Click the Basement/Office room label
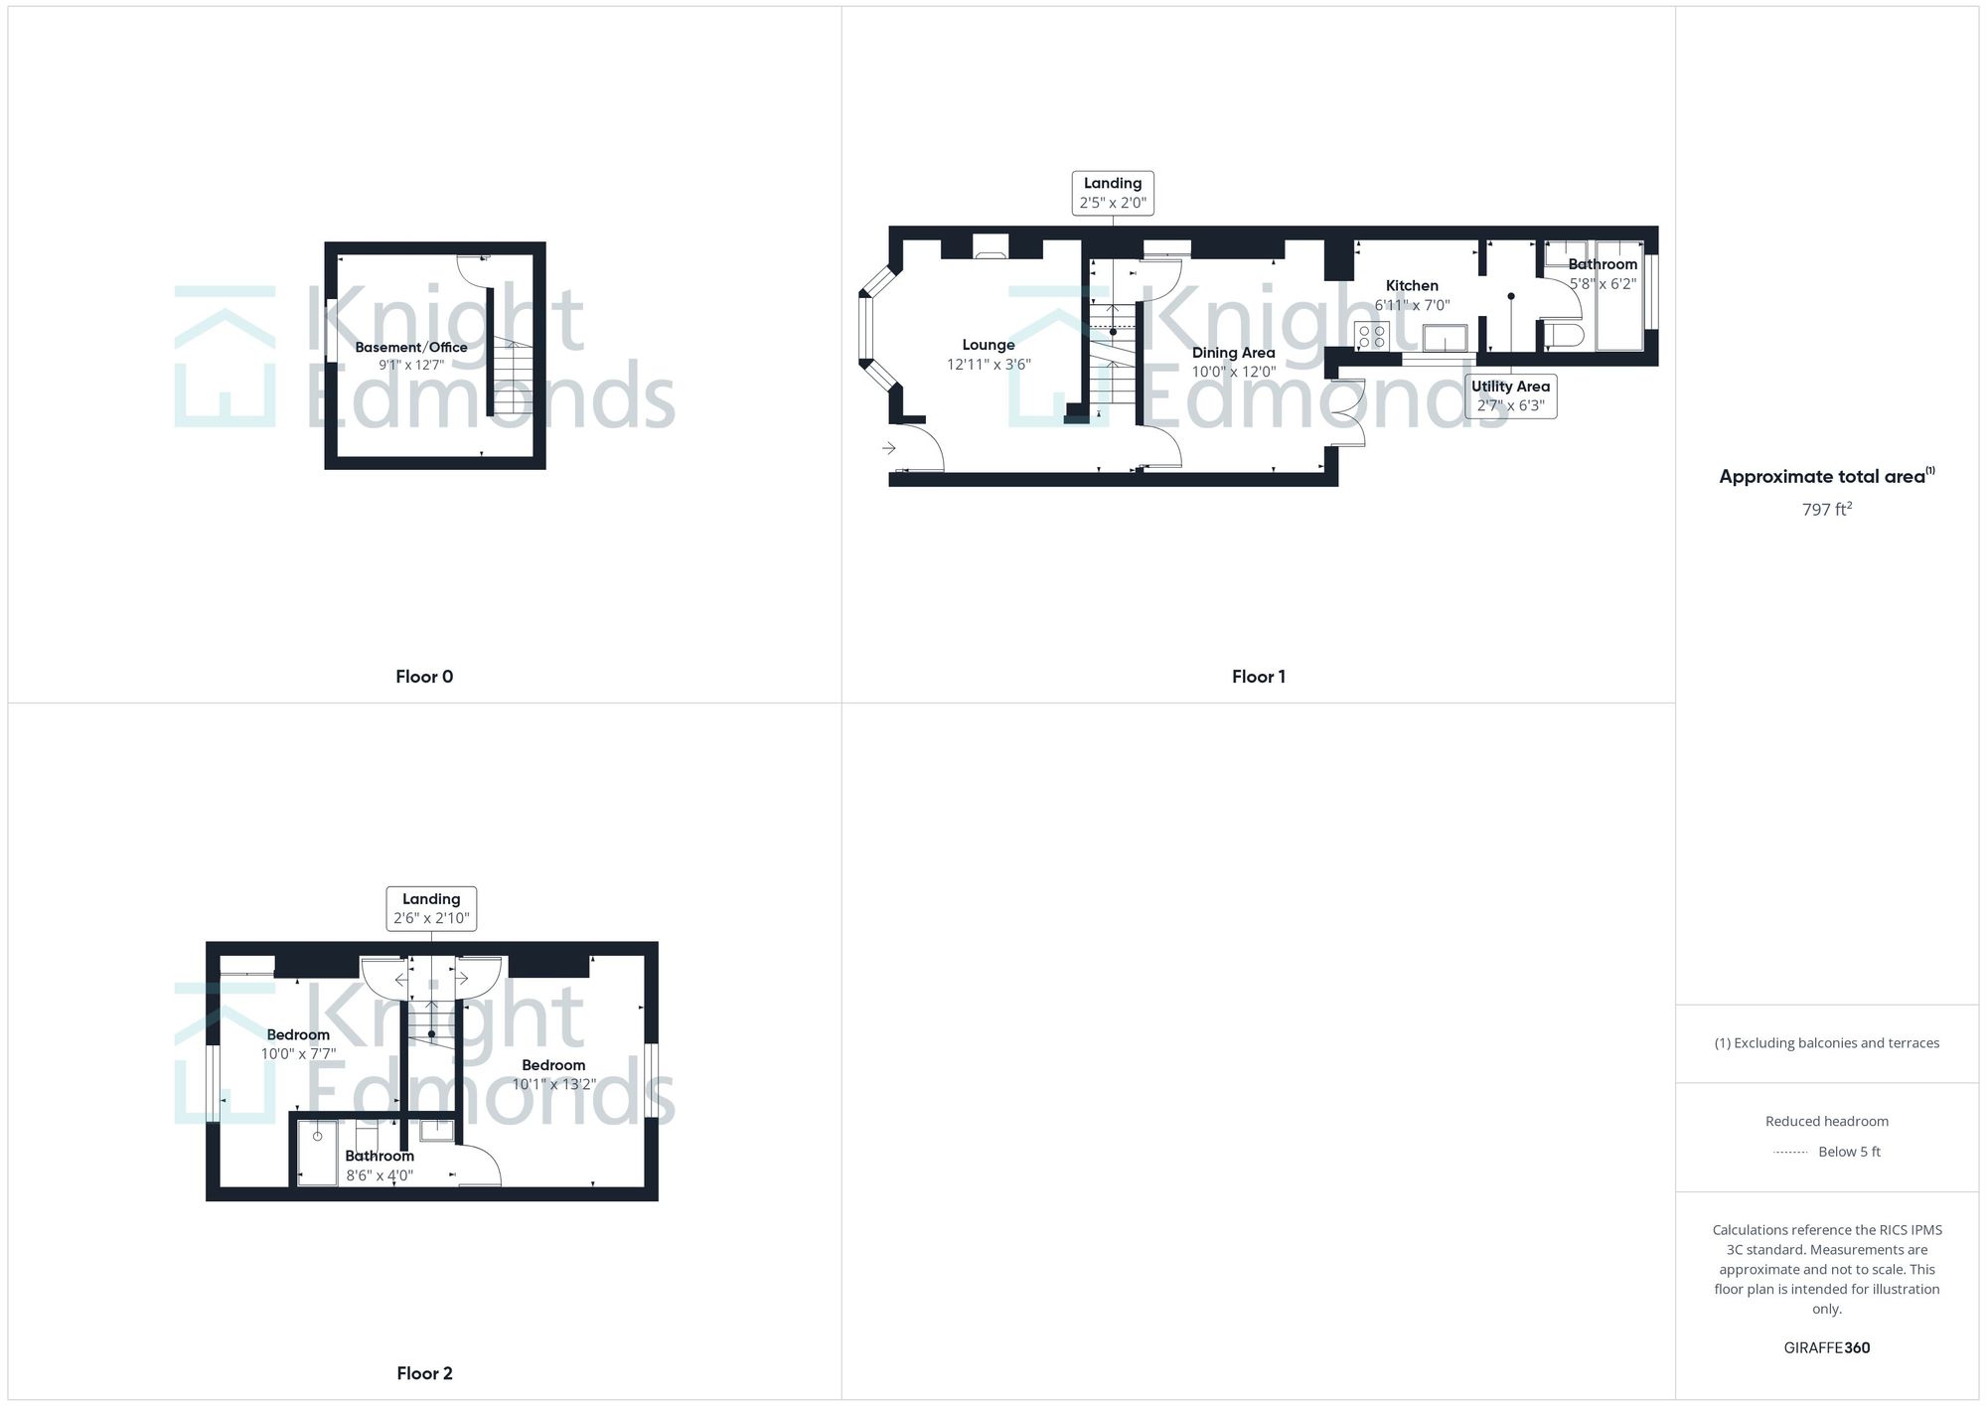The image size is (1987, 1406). pos(411,348)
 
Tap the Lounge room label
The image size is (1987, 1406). pos(989,345)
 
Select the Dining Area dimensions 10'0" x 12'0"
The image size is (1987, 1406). pos(1234,373)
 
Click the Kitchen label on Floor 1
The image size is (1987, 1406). pos(1412,286)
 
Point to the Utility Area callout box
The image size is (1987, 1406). pos(1510,395)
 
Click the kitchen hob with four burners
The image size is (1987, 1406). pos(1372,336)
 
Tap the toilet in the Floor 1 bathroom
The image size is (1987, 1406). pos(1563,334)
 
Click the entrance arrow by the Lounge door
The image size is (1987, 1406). pos(889,449)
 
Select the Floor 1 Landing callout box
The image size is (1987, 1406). pos(1113,193)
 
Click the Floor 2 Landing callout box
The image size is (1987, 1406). pos(431,908)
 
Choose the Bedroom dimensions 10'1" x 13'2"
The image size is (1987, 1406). pos(553,1084)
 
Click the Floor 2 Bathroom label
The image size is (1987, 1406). pos(380,1157)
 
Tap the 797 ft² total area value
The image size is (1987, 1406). pos(1826,510)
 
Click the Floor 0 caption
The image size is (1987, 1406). pos(424,677)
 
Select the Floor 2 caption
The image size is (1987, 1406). pos(424,1373)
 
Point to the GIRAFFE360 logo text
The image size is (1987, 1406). pos(1826,1348)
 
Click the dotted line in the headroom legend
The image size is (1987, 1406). pos(1790,1153)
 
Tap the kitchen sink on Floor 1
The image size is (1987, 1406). pos(1445,338)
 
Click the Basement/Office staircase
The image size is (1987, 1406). pos(514,378)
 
